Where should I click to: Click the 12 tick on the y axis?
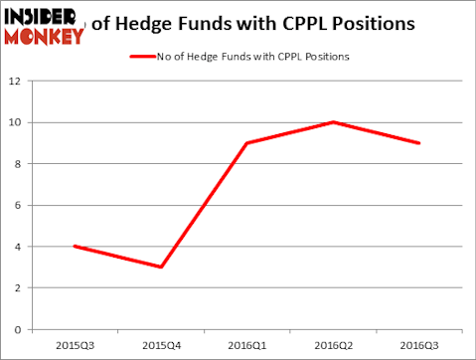point(17,82)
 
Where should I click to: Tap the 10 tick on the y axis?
point(17,123)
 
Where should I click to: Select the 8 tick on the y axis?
point(20,164)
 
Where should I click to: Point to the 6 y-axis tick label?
point(20,206)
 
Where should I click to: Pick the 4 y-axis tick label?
point(20,247)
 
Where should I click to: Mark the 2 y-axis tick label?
point(20,288)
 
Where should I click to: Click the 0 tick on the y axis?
point(20,329)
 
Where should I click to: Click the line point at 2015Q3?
point(74,246)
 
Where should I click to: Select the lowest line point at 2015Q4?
point(160,267)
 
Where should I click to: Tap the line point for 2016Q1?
point(246,143)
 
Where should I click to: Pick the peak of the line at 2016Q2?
point(333,122)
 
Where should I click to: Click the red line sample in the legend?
point(142,56)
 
